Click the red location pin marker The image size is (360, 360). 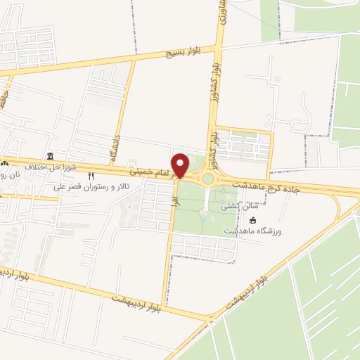pyautogui.click(x=180, y=165)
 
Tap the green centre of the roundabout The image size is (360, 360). pyautogui.click(x=208, y=178)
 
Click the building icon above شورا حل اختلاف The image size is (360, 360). pyautogui.click(x=50, y=156)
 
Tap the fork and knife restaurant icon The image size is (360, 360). pyautogui.click(x=91, y=176)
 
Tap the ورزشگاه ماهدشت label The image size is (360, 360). pyautogui.click(x=252, y=231)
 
